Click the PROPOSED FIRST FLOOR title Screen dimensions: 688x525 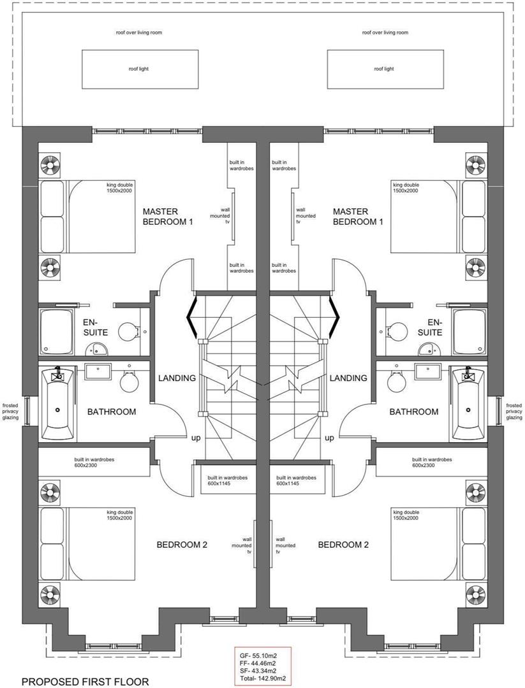tap(85, 682)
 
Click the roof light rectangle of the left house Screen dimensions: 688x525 tap(138, 69)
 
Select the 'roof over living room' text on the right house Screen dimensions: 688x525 tap(385, 32)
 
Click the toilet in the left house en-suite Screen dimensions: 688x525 tap(130, 331)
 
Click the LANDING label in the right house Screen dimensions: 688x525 tap(348, 378)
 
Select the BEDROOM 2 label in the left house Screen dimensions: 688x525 tap(182, 545)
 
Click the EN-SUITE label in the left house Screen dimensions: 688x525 tap(94, 327)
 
